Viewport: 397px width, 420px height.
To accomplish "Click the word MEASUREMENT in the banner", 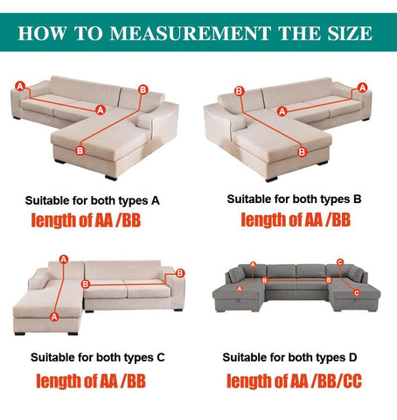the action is coord(190,33).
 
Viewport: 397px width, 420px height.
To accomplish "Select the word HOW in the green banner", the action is coord(42,33).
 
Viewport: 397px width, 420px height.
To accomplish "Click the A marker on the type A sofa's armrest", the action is coord(20,86).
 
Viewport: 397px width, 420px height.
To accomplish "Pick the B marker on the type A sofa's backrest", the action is coord(143,89).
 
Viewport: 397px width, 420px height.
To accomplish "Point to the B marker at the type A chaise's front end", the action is coord(80,150).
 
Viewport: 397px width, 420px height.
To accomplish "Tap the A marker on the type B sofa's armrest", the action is coord(362,87).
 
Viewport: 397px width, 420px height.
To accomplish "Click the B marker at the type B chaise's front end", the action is coord(302,151).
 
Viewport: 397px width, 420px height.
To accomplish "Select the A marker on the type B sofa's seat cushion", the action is coord(282,111).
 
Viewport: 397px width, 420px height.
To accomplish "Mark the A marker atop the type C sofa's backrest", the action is coord(64,259).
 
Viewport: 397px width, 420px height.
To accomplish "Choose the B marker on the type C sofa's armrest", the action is coord(180,273).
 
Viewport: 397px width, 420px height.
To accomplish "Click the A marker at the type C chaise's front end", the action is coord(54,317).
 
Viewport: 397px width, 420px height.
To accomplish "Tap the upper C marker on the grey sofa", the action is coord(340,262).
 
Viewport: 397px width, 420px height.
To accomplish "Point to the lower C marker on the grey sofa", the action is coord(357,292).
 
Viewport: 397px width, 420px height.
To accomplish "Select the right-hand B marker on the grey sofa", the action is coord(329,280).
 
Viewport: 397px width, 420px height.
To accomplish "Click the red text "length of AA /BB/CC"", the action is coord(294,381).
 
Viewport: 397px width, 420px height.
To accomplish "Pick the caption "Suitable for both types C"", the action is coord(98,357).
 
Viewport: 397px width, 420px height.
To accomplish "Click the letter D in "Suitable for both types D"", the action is coord(352,357).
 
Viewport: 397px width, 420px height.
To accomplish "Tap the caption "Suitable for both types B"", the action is coord(294,199).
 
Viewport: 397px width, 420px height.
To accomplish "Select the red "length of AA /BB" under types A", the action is coord(86,220).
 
